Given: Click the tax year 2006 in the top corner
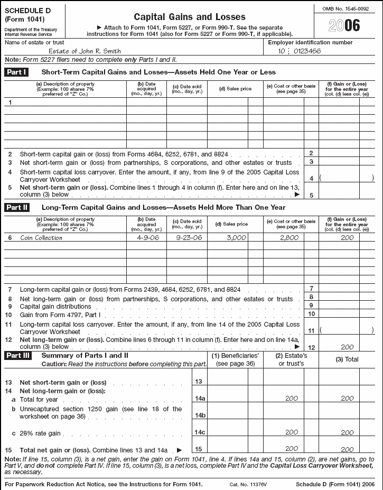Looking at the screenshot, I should tap(344, 25).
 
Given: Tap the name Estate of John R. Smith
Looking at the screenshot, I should tap(85, 51).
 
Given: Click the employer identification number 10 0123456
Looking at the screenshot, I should tap(300, 51).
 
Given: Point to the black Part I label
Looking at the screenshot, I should tap(16, 71).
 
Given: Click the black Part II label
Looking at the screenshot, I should tap(16, 207).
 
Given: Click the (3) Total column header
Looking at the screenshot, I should tap(347, 359).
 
